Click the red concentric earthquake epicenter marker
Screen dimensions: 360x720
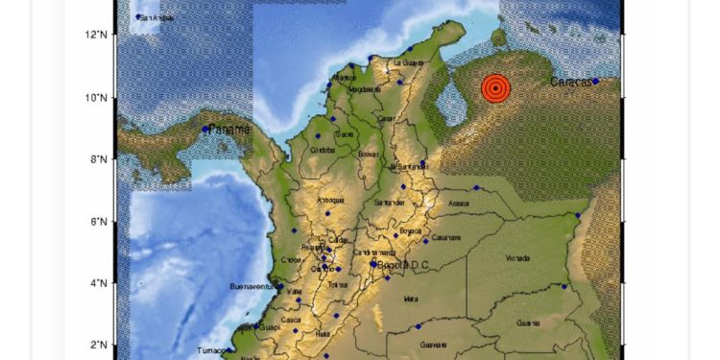click(494, 89)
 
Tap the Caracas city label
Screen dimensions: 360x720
click(570, 83)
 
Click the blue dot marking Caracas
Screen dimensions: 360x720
click(596, 82)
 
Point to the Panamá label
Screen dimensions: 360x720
click(229, 129)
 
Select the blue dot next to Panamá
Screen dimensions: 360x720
click(205, 129)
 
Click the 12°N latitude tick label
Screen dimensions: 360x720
click(95, 36)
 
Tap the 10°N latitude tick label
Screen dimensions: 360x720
click(95, 97)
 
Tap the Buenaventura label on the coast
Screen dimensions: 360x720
click(253, 286)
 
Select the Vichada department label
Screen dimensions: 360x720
click(517, 258)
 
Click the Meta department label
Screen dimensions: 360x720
click(411, 299)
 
